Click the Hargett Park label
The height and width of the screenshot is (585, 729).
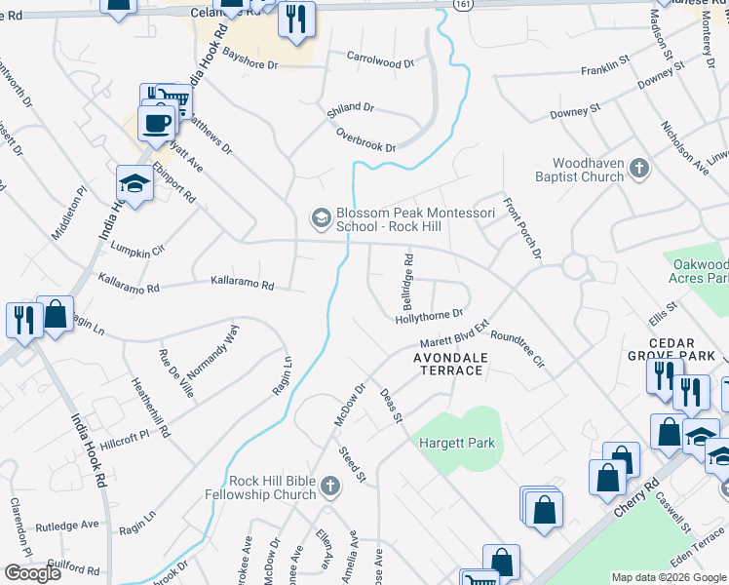[x=457, y=443]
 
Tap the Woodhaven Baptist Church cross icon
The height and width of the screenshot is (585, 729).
[x=639, y=170]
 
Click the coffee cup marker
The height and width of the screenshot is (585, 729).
[x=156, y=124]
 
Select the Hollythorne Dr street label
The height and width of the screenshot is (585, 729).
[x=428, y=316]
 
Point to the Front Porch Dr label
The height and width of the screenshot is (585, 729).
[x=521, y=230]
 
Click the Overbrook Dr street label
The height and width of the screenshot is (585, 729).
[x=365, y=139]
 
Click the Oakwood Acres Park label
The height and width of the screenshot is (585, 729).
[x=700, y=272]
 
